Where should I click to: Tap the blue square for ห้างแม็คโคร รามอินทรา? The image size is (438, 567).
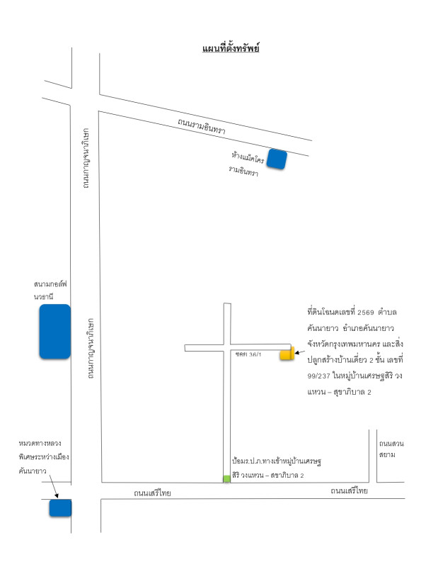[276, 159]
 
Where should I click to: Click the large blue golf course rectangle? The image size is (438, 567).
[54, 331]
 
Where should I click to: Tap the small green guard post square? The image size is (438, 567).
[226, 479]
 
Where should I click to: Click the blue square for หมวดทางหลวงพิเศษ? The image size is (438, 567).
[59, 508]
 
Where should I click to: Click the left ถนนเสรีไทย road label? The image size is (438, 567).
[152, 493]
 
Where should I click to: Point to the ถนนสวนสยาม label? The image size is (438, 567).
[391, 449]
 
